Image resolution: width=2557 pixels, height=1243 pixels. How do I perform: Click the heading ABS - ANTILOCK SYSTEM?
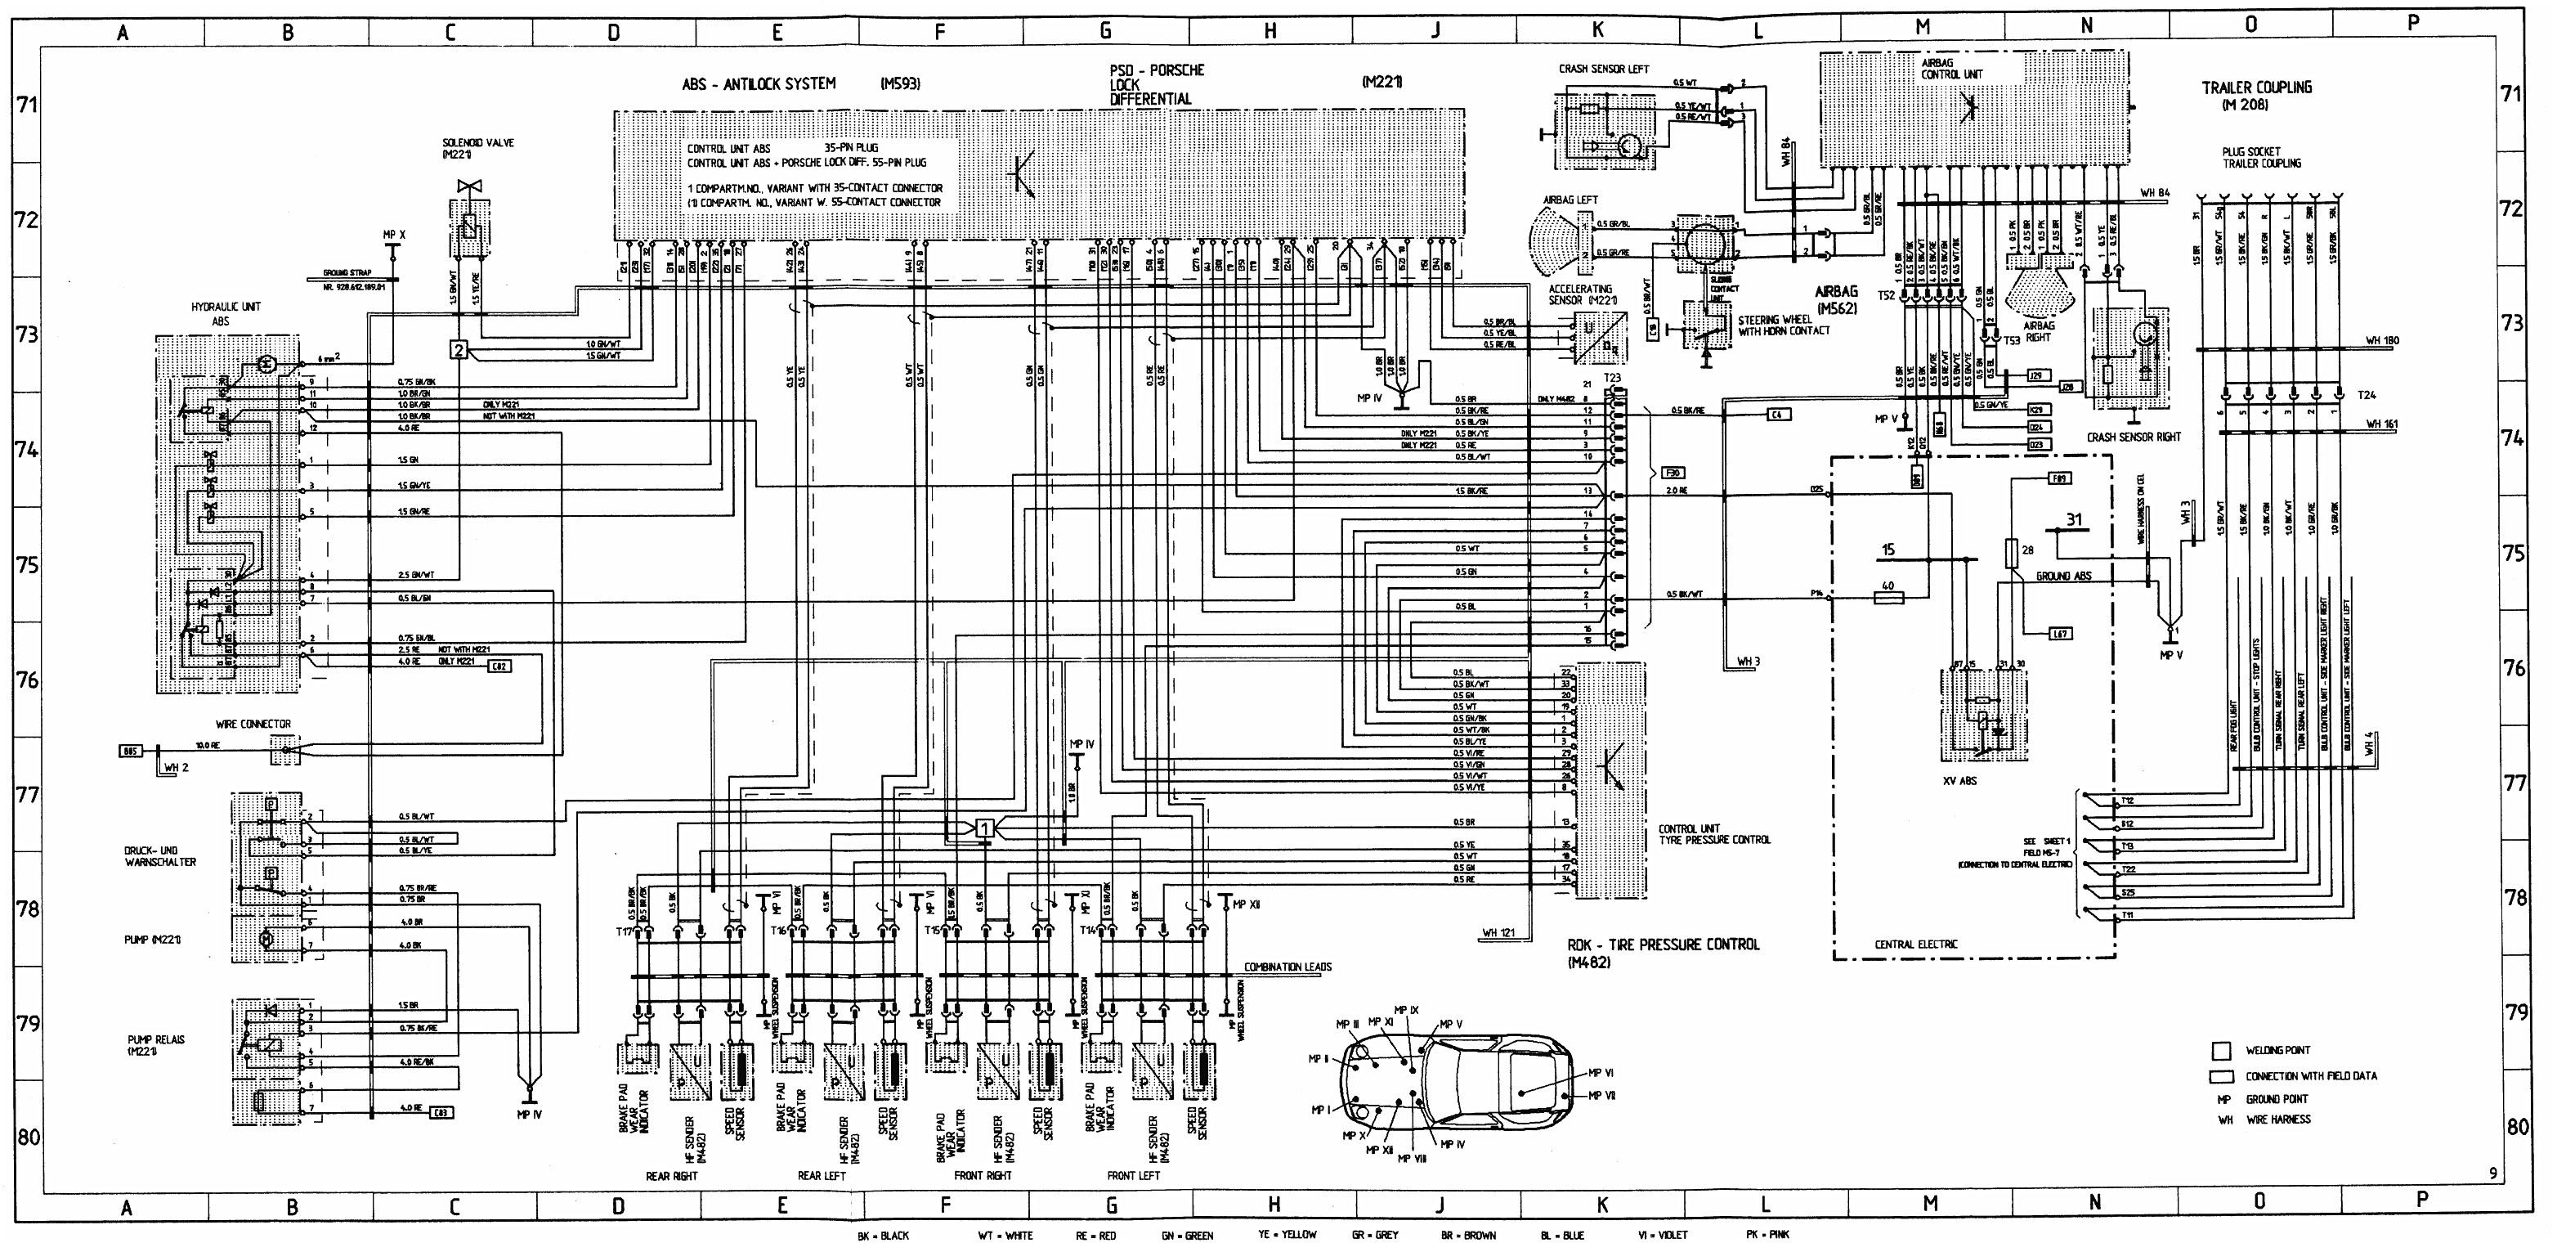pos(759,84)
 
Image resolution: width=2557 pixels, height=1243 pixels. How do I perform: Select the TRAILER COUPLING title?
pos(2256,94)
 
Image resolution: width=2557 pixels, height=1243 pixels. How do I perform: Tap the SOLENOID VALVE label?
pos(478,148)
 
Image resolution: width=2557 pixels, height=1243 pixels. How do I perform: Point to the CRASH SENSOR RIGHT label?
pos(2134,437)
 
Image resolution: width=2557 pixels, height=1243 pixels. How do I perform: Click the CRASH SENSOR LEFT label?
pos(1603,69)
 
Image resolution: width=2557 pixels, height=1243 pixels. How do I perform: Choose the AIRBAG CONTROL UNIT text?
pos(1950,69)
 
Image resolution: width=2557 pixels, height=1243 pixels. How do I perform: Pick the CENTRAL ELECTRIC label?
pos(1916,945)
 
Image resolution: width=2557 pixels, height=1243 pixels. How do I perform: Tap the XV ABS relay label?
pos(1959,780)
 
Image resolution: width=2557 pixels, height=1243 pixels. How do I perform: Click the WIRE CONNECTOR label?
pos(253,724)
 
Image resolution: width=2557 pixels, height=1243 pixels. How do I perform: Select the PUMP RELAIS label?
pos(156,1044)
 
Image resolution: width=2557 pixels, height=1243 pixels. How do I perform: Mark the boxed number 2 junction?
pos(458,349)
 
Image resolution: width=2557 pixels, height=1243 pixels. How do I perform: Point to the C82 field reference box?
pos(499,666)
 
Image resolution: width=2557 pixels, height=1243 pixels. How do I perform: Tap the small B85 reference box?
pos(130,751)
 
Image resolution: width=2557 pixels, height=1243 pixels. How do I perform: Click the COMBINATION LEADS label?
pos(1287,966)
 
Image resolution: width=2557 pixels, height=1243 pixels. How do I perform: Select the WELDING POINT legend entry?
pos(2277,1049)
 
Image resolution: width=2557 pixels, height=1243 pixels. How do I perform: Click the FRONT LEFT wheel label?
pos(1133,1175)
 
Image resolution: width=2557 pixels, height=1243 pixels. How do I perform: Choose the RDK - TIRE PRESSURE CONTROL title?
pos(1663,952)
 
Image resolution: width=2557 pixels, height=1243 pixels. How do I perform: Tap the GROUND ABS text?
pos(2062,576)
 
